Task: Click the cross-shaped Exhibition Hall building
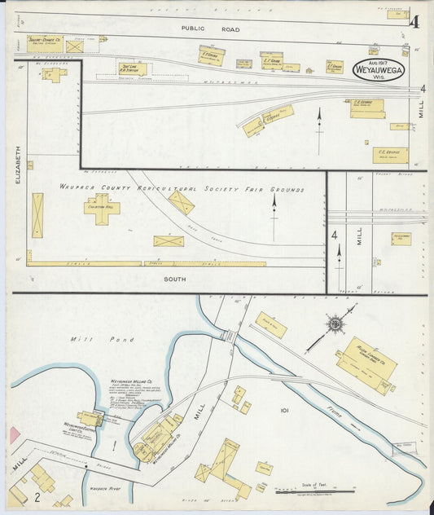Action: coord(102,209)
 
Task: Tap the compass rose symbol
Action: coord(335,324)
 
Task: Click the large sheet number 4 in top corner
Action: coord(414,21)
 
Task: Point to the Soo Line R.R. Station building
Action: coord(133,69)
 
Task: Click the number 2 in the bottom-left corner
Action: coord(37,495)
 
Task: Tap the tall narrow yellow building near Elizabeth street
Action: coord(37,215)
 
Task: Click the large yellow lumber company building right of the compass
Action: coord(366,360)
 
